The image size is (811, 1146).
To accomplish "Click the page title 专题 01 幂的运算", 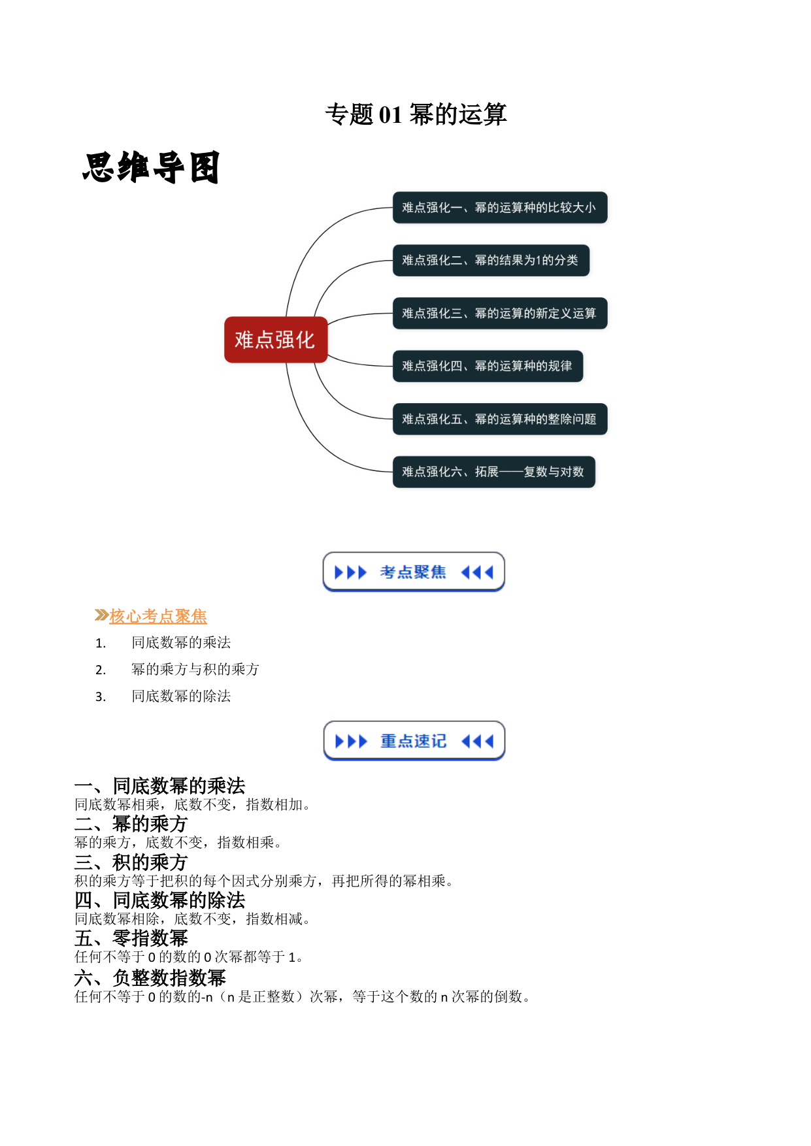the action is click(x=416, y=114).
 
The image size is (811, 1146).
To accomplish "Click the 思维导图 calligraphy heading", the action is click(x=151, y=167).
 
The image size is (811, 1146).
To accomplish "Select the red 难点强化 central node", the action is click(x=276, y=340).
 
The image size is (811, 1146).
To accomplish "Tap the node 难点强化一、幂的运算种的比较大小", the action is click(x=500, y=208).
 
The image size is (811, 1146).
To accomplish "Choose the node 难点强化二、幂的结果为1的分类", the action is click(x=491, y=261).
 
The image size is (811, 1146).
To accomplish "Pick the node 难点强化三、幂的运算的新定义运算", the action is click(x=500, y=314).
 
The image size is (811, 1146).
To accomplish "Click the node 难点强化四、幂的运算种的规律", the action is click(x=488, y=366).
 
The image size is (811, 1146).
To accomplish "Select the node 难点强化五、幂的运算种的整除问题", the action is click(x=500, y=419).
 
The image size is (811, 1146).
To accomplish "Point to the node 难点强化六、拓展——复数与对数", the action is click(x=494, y=472).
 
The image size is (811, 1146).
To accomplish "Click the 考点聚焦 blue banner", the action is click(x=414, y=572).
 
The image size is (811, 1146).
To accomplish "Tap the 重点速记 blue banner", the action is click(x=414, y=741).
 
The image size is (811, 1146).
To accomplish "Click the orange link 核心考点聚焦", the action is click(x=158, y=616).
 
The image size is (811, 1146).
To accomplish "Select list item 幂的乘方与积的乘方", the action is click(x=195, y=669).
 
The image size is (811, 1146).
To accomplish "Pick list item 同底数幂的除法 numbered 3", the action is click(x=181, y=696).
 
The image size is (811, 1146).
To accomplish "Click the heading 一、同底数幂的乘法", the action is click(x=160, y=785).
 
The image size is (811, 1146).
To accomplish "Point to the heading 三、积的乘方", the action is click(x=131, y=862).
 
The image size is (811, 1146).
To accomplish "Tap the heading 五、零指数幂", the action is click(x=131, y=938).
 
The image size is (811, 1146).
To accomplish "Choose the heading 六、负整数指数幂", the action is click(x=150, y=977).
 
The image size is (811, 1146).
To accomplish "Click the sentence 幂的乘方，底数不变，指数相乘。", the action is click(x=178, y=843).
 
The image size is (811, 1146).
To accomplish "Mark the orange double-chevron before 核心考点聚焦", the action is click(x=101, y=615).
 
